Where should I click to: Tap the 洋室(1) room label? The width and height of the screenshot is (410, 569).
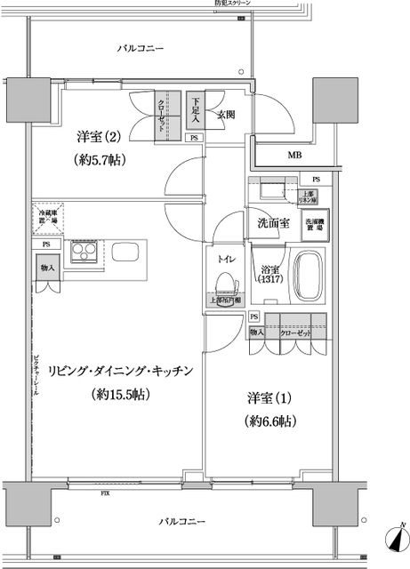pyautogui.click(x=267, y=399)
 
